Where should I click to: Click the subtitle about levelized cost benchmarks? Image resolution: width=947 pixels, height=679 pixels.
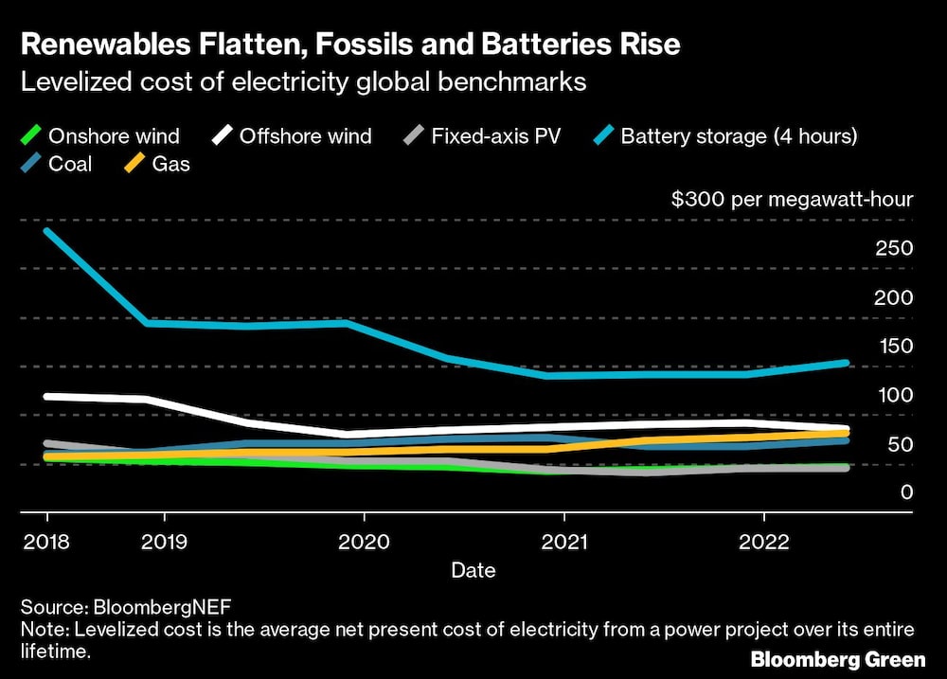(x=304, y=82)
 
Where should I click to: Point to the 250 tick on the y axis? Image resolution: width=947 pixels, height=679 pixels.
(x=895, y=248)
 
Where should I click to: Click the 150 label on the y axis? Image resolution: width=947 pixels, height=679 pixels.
(x=895, y=346)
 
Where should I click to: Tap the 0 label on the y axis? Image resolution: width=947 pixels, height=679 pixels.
(x=907, y=492)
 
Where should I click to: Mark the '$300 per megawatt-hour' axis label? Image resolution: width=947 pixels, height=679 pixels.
(x=792, y=200)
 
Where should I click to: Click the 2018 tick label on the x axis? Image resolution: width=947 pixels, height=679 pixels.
(x=45, y=543)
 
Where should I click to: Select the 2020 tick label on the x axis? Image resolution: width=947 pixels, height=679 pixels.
(x=365, y=543)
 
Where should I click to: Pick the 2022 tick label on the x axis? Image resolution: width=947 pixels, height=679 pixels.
(x=764, y=543)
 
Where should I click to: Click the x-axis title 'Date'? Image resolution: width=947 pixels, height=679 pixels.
(x=473, y=570)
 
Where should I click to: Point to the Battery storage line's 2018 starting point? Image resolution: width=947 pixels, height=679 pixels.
(x=46, y=231)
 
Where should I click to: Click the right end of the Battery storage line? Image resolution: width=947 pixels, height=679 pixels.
(x=846, y=363)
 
